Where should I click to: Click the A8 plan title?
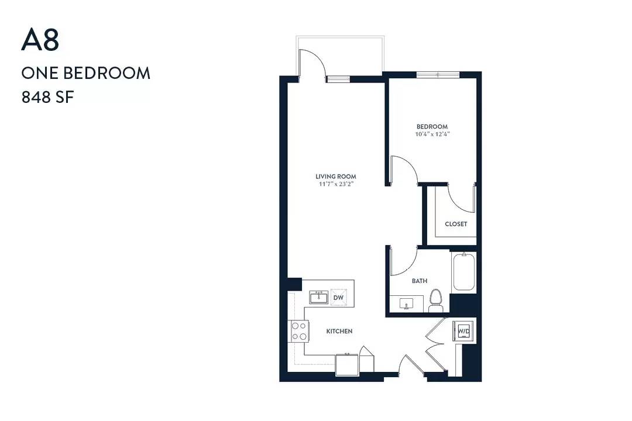(40, 40)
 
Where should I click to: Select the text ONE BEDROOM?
(86, 73)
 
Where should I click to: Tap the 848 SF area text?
(48, 98)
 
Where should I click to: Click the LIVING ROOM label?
(336, 177)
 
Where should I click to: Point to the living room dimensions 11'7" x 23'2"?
(336, 184)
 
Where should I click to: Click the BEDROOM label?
(432, 126)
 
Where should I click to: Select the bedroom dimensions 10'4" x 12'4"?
(432, 134)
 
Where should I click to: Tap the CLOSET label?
(456, 224)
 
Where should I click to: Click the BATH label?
(420, 281)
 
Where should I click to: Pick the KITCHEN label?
(339, 331)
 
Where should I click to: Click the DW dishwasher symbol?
(339, 297)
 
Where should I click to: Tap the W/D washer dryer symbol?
(463, 331)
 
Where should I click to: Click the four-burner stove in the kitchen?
(298, 331)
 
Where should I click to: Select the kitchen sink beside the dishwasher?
(319, 297)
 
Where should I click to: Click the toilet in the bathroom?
(435, 300)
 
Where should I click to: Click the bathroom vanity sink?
(406, 303)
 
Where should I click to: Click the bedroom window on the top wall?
(438, 74)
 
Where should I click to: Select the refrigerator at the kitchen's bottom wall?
(347, 365)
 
